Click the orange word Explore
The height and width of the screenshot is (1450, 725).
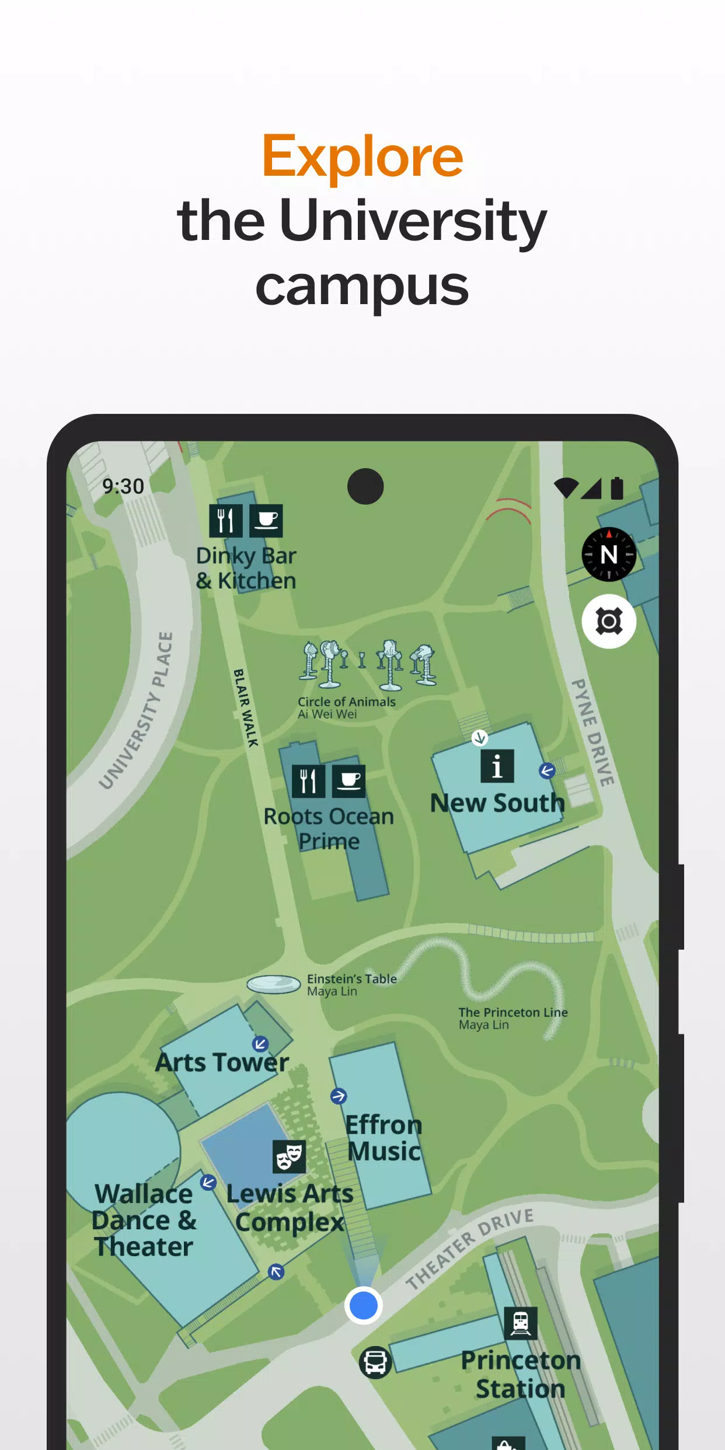pyautogui.click(x=362, y=156)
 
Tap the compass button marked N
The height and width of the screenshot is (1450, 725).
pyautogui.click(x=609, y=555)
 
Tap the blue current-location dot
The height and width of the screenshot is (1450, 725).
pyautogui.click(x=363, y=1305)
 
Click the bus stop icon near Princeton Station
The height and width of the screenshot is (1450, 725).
pyautogui.click(x=375, y=1362)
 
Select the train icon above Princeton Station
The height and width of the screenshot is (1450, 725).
pyautogui.click(x=521, y=1323)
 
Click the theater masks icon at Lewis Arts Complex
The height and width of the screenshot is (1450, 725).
pyautogui.click(x=289, y=1156)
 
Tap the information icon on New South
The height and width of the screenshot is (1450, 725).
pyautogui.click(x=497, y=766)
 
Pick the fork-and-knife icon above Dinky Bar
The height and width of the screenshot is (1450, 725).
pyautogui.click(x=225, y=521)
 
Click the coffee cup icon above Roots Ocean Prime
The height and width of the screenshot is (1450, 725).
pyautogui.click(x=349, y=781)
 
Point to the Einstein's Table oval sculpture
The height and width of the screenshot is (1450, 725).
pyautogui.click(x=274, y=984)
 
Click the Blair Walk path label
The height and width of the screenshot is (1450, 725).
pyautogui.click(x=246, y=707)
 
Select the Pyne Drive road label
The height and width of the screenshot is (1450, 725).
pyautogui.click(x=592, y=732)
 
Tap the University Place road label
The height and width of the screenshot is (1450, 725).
pyautogui.click(x=137, y=711)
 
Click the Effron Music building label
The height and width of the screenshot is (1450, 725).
pyautogui.click(x=384, y=1138)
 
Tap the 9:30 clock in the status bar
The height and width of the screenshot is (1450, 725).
pyautogui.click(x=123, y=486)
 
